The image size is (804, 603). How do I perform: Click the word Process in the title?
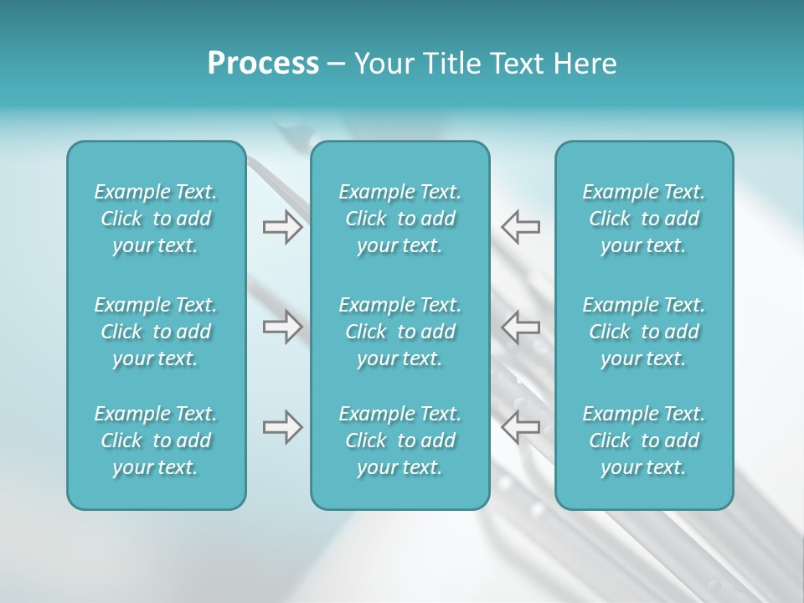click(263, 64)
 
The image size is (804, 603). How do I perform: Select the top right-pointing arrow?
click(282, 227)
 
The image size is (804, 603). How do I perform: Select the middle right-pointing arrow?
click(282, 326)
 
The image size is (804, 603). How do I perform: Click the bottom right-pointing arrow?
click(282, 427)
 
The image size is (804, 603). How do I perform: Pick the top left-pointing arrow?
click(521, 227)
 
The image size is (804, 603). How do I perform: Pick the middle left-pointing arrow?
click(521, 326)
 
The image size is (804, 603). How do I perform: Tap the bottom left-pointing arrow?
click(521, 427)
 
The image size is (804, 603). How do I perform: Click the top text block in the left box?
click(156, 219)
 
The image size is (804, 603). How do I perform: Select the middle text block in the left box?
click(156, 332)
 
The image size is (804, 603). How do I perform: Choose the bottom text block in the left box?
click(156, 441)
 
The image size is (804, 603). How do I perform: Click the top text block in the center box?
click(399, 219)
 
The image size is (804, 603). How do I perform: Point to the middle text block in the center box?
click(399, 332)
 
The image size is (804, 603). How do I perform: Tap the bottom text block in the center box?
click(399, 441)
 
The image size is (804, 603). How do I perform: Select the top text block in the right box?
click(643, 219)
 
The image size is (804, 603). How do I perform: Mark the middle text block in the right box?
click(643, 332)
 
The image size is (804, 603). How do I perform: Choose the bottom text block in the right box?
click(643, 441)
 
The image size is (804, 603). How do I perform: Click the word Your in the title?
click(381, 64)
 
